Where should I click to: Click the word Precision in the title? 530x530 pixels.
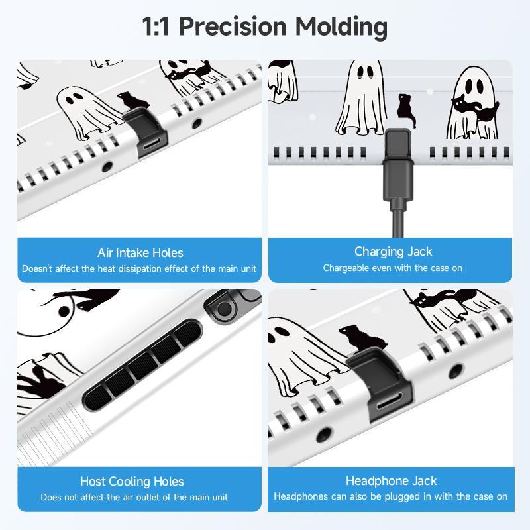pyautogui.click(x=233, y=26)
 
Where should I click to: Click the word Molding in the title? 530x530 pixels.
pyautogui.click(x=341, y=27)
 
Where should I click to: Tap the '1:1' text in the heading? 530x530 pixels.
pyautogui.click(x=156, y=26)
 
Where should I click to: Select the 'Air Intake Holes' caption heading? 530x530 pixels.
pyautogui.click(x=140, y=253)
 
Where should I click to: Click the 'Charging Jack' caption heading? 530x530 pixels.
pyautogui.click(x=393, y=252)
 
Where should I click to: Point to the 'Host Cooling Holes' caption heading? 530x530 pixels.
pyautogui.click(x=132, y=482)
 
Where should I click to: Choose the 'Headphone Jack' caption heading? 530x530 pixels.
pyautogui.click(x=391, y=481)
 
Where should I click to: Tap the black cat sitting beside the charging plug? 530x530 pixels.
pyautogui.click(x=405, y=111)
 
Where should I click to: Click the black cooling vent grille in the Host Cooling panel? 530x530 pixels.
pyautogui.click(x=142, y=364)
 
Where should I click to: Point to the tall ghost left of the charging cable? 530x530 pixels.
pyautogui.click(x=361, y=98)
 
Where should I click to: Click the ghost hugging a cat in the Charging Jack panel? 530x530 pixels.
pyautogui.click(x=472, y=103)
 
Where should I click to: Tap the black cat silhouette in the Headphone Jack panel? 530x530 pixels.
pyautogui.click(x=362, y=338)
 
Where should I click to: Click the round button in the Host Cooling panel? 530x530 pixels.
pyautogui.click(x=224, y=309)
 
